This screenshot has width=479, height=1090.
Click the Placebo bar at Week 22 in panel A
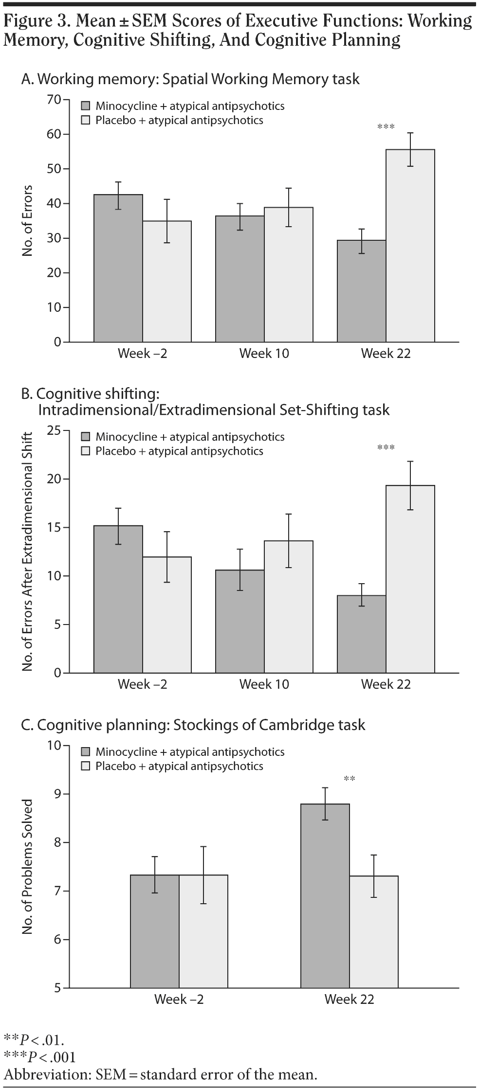[410, 246]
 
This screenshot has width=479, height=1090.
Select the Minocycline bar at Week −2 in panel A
[118, 268]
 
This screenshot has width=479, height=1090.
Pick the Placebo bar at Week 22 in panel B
[410, 579]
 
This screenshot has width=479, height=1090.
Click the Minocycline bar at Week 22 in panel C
[325, 895]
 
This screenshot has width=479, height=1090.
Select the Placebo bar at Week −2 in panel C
[203, 931]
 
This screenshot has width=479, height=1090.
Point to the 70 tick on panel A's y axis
[55, 100]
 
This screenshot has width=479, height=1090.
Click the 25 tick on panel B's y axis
[55, 430]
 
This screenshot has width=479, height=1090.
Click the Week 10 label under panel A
[264, 354]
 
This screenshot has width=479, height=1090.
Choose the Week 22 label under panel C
[349, 1000]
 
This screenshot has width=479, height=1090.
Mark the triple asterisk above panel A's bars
[386, 127]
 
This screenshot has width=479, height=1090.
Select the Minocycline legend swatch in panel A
[86, 106]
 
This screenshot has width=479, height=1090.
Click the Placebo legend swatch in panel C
[86, 767]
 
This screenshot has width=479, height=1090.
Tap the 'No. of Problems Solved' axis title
[28, 866]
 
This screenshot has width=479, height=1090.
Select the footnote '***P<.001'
[39, 1056]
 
